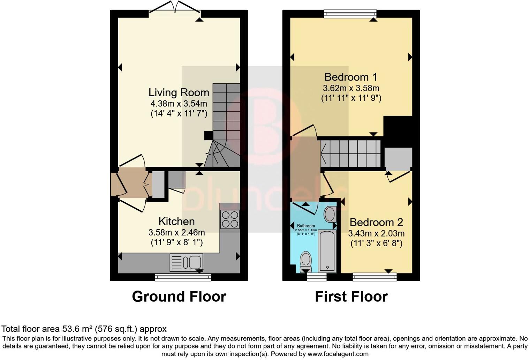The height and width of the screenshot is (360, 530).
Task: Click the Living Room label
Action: click(x=179, y=92)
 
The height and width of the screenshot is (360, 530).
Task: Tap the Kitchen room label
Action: click(x=176, y=221)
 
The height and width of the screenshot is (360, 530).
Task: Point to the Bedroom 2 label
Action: click(x=376, y=222)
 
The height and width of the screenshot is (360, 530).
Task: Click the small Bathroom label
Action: click(x=306, y=226)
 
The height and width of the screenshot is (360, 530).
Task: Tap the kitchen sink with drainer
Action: click(x=186, y=262)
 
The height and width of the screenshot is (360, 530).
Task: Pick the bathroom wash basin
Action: click(x=330, y=214)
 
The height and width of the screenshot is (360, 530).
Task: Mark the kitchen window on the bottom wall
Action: click(x=183, y=277)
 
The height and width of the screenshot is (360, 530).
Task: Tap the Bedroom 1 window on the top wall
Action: click(x=350, y=14)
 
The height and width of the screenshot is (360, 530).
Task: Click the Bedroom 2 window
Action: click(x=375, y=277)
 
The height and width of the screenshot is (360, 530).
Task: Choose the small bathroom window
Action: click(x=317, y=277)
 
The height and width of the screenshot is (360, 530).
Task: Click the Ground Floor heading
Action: click(x=179, y=297)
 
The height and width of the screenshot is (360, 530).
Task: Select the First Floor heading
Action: click(x=351, y=297)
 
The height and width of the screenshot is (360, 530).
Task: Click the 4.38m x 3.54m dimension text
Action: click(x=179, y=104)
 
